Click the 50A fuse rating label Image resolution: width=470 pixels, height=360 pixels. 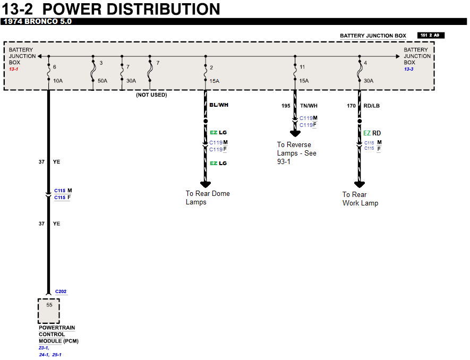pyautogui.click(x=102, y=81)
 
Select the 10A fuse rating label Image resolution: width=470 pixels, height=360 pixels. pyautogui.click(x=58, y=81)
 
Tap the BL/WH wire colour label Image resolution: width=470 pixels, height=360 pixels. pyautogui.click(x=219, y=105)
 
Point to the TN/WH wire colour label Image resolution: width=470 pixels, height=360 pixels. pyautogui.click(x=309, y=106)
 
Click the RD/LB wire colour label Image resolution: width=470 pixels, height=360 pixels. pyautogui.click(x=372, y=106)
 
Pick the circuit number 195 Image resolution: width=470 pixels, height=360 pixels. pyautogui.click(x=286, y=106)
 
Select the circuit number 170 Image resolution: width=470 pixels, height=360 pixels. pyautogui.click(x=352, y=106)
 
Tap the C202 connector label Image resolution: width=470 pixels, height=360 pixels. pyautogui.click(x=61, y=292)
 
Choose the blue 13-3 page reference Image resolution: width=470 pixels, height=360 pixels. pyautogui.click(x=409, y=69)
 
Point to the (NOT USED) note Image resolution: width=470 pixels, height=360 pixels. pyautogui.click(x=151, y=95)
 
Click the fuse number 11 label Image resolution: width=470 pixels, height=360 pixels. pyautogui.click(x=302, y=67)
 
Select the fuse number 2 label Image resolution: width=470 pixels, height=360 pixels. pyautogui.click(x=211, y=67)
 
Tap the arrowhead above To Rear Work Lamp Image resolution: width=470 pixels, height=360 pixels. pyautogui.click(x=360, y=184)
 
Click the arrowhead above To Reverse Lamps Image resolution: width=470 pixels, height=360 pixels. pyautogui.click(x=295, y=134)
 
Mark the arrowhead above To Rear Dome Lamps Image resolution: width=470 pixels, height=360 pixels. pyautogui.click(x=206, y=184)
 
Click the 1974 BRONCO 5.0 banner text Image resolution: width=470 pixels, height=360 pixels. pyautogui.click(x=37, y=22)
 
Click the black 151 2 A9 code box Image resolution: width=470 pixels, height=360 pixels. pyautogui.click(x=431, y=36)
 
